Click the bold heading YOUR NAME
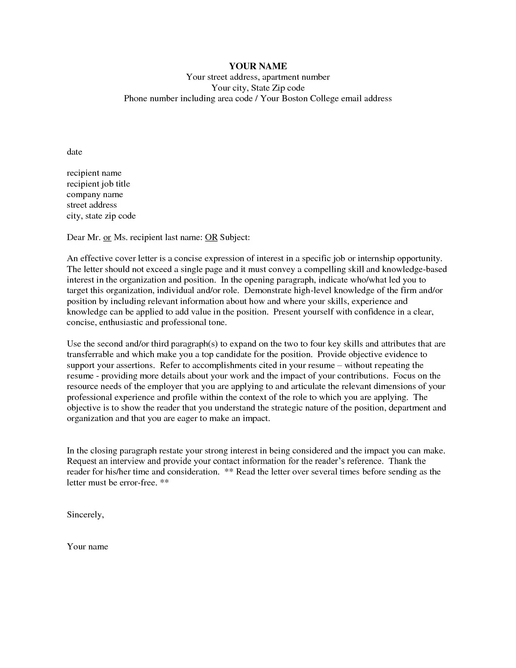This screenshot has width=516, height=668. [x=258, y=66]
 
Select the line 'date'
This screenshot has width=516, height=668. [x=74, y=152]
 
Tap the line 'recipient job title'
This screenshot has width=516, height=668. [x=98, y=184]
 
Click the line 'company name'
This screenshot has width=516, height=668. [x=95, y=195]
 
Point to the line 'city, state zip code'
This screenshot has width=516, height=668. [x=101, y=216]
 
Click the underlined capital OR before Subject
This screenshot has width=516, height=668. [x=211, y=237]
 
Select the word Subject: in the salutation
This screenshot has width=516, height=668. [x=235, y=237]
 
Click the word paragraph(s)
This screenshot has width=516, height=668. [x=194, y=344]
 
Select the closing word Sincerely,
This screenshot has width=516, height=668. [x=85, y=515]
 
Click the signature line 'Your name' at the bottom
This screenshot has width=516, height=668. [x=87, y=547]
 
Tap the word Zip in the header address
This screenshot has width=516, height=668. [x=278, y=88]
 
